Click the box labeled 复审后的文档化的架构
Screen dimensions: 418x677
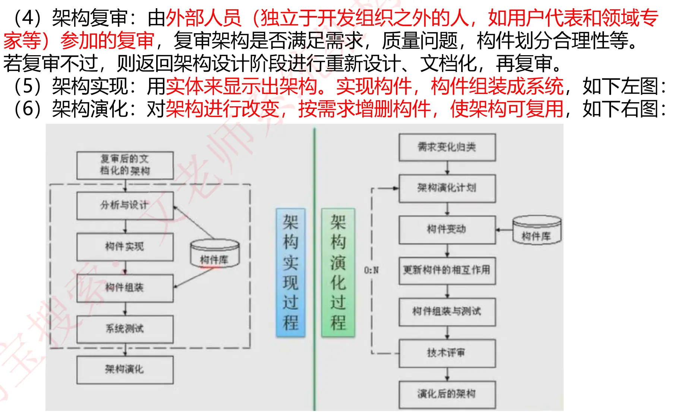click(x=125, y=165)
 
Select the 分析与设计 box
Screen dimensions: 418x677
click(x=125, y=205)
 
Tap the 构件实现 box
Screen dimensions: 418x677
click(x=125, y=247)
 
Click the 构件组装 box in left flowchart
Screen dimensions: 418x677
click(x=125, y=288)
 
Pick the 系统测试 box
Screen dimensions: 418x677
click(x=125, y=329)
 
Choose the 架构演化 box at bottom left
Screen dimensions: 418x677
click(x=125, y=370)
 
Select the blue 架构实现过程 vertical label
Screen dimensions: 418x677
click(x=290, y=273)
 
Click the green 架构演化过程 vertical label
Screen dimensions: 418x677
click(x=338, y=273)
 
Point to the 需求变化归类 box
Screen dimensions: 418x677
click(x=447, y=147)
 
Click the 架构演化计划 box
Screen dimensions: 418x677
click(x=447, y=188)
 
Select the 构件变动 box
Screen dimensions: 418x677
click(x=447, y=230)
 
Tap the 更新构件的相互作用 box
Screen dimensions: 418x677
click(x=447, y=270)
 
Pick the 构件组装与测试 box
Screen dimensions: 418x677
click(x=447, y=312)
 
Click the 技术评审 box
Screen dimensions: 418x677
click(x=447, y=353)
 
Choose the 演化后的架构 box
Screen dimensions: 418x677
click(x=447, y=395)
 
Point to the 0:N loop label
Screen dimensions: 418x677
click(x=371, y=270)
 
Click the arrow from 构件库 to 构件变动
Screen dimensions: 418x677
click(x=504, y=230)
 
